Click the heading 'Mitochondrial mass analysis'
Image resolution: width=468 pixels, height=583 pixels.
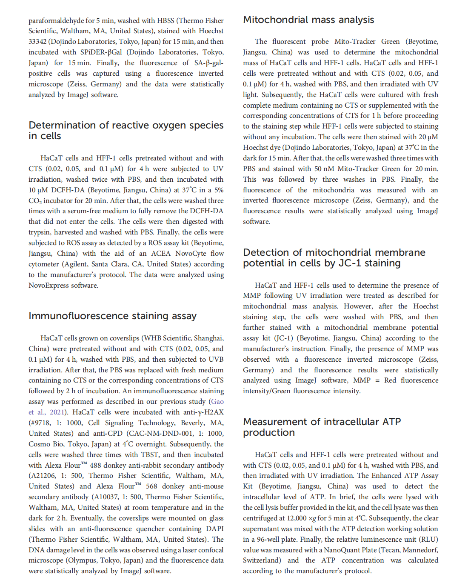coord(308,20)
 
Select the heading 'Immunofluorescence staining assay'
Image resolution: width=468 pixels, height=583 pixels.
coord(112,316)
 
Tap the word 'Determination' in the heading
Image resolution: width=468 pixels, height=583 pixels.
coord(63,125)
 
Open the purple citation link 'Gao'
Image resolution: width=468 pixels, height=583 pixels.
coord(217,401)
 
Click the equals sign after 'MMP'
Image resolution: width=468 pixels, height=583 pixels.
coord(377,380)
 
